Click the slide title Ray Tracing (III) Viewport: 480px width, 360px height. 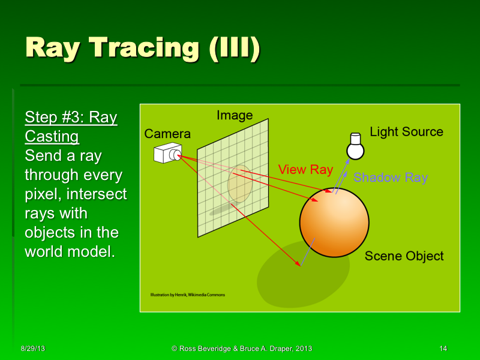pyautogui.click(x=143, y=49)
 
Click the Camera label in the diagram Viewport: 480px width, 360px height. pyautogui.click(x=167, y=134)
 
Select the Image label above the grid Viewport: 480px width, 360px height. pyautogui.click(x=235, y=115)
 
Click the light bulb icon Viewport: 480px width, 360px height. pyautogui.click(x=356, y=146)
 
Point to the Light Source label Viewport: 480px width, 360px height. pyautogui.click(x=406, y=132)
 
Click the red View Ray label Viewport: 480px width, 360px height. pyautogui.click(x=305, y=170)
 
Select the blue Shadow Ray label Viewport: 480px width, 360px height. pyautogui.click(x=390, y=178)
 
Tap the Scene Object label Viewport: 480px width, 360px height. pyautogui.click(x=404, y=256)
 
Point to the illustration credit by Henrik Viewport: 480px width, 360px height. pyautogui.click(x=187, y=295)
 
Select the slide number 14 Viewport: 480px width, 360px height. pyautogui.click(x=443, y=349)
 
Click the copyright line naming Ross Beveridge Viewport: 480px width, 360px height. pyautogui.click(x=241, y=349)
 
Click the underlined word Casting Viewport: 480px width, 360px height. pyautogui.click(x=52, y=137)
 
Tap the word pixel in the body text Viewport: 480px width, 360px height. pyautogui.click(x=41, y=194)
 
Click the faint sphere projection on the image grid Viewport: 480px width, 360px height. pyautogui.click(x=238, y=183)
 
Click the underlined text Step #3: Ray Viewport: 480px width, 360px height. pyautogui.click(x=71, y=118)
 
